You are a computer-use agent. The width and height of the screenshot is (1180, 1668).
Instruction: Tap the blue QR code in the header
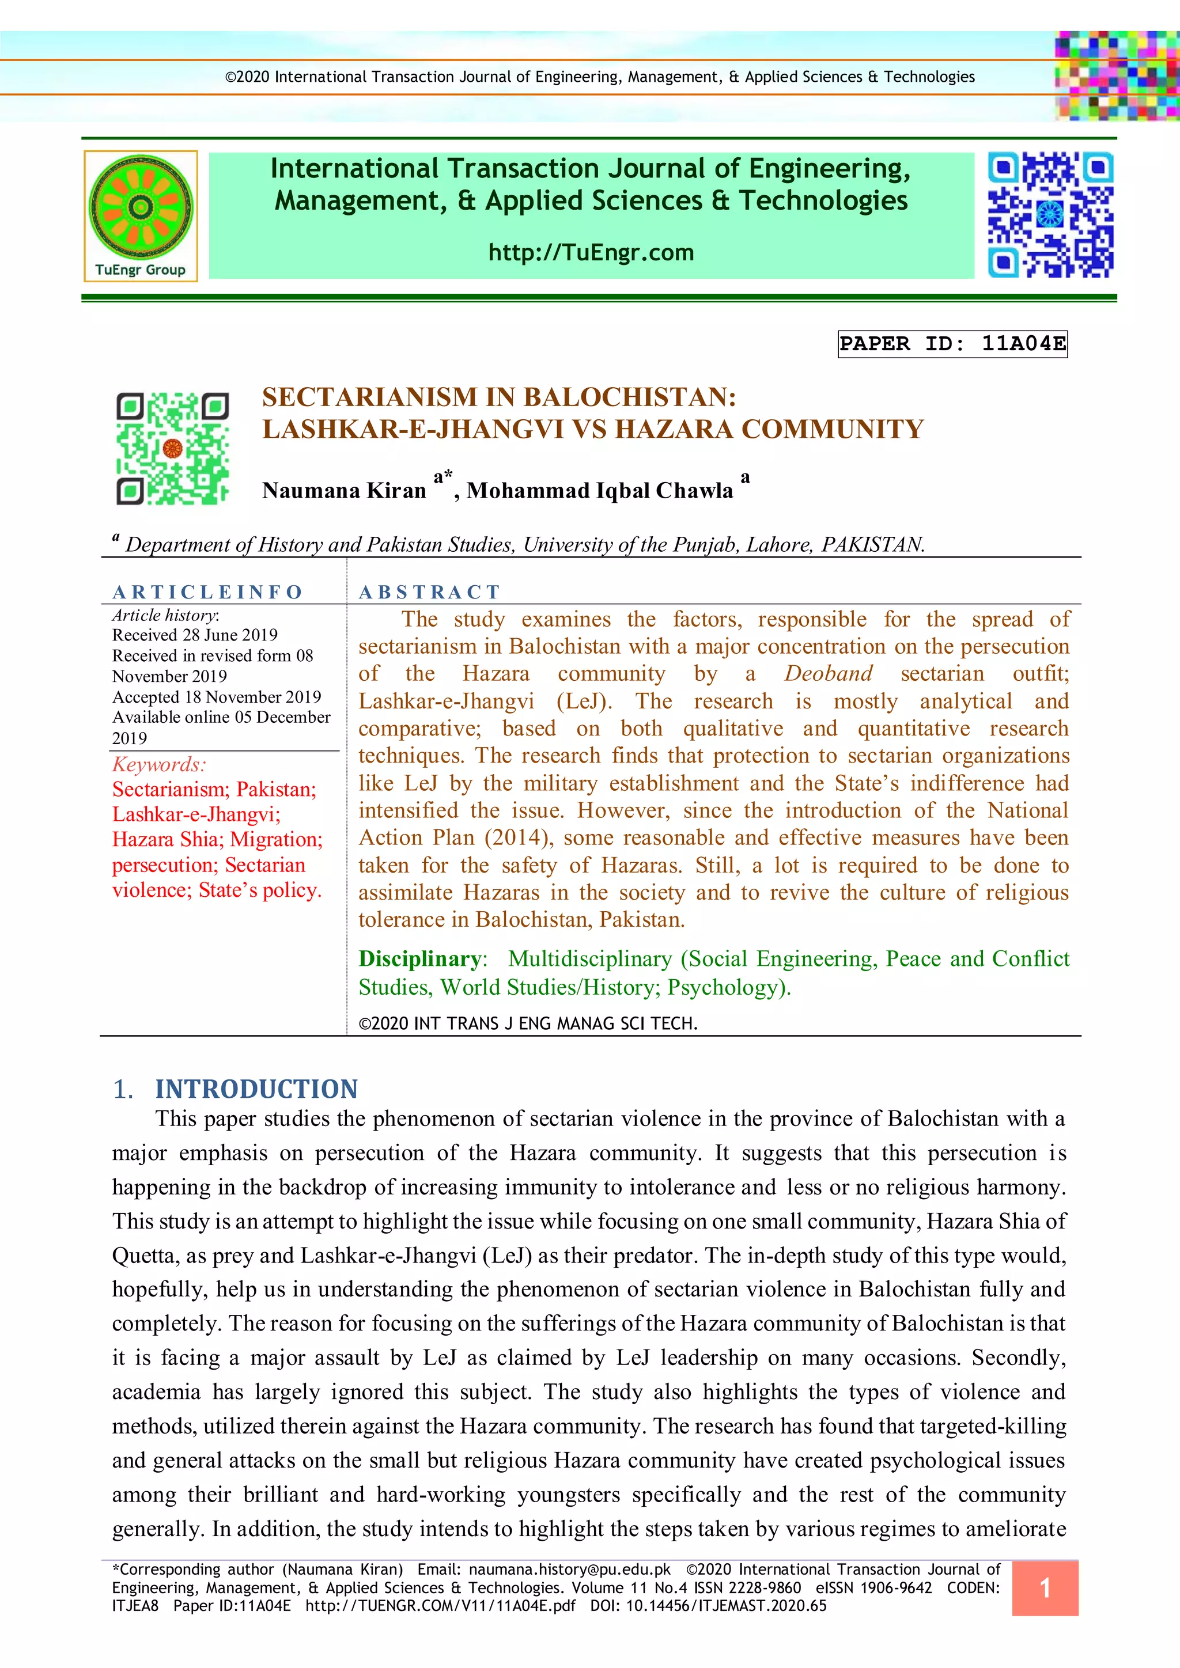pyautogui.click(x=1050, y=214)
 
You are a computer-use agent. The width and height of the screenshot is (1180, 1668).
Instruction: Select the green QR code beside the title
pyautogui.click(x=172, y=448)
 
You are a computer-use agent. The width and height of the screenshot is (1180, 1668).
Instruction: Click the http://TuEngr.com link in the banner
pyautogui.click(x=591, y=253)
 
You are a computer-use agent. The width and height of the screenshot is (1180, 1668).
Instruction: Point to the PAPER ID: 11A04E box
pyautogui.click(x=952, y=344)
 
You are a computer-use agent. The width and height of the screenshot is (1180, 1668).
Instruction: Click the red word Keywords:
pyautogui.click(x=159, y=764)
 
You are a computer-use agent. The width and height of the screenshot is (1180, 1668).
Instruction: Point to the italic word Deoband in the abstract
pyautogui.click(x=829, y=673)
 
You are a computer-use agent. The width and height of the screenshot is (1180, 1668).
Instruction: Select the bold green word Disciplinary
pyautogui.click(x=420, y=959)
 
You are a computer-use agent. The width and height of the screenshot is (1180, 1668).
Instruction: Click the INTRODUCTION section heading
pyautogui.click(x=256, y=1089)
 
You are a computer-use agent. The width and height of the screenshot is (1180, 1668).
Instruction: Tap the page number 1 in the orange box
pyautogui.click(x=1045, y=1588)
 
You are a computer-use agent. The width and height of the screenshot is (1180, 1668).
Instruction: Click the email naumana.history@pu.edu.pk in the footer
pyautogui.click(x=570, y=1570)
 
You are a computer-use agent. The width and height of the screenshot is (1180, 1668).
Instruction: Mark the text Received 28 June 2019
pyautogui.click(x=195, y=635)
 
